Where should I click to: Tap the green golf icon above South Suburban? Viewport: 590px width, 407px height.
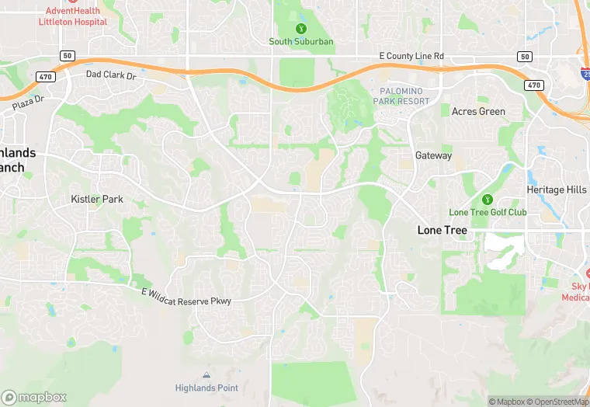point(302,29)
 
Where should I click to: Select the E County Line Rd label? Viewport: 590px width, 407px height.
point(411,57)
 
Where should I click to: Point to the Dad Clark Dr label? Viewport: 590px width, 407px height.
point(110,75)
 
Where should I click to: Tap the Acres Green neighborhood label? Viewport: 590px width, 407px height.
point(478,112)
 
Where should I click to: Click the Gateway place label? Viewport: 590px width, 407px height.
point(433,155)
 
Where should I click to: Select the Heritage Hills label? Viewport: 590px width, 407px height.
point(557,190)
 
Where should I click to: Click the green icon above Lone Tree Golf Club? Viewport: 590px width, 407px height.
point(488,200)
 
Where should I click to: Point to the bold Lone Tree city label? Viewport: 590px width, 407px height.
point(443,230)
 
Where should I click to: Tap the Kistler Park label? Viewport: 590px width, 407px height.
point(97,200)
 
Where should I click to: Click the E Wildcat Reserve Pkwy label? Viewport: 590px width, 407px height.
point(186,296)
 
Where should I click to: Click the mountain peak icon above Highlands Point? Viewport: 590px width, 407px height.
point(205,375)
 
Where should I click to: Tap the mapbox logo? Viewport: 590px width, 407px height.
point(34,397)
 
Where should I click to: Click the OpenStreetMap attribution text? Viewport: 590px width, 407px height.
point(558,402)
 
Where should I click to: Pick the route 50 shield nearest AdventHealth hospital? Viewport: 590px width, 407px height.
point(68,56)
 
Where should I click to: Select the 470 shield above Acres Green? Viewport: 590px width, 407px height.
point(533,85)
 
